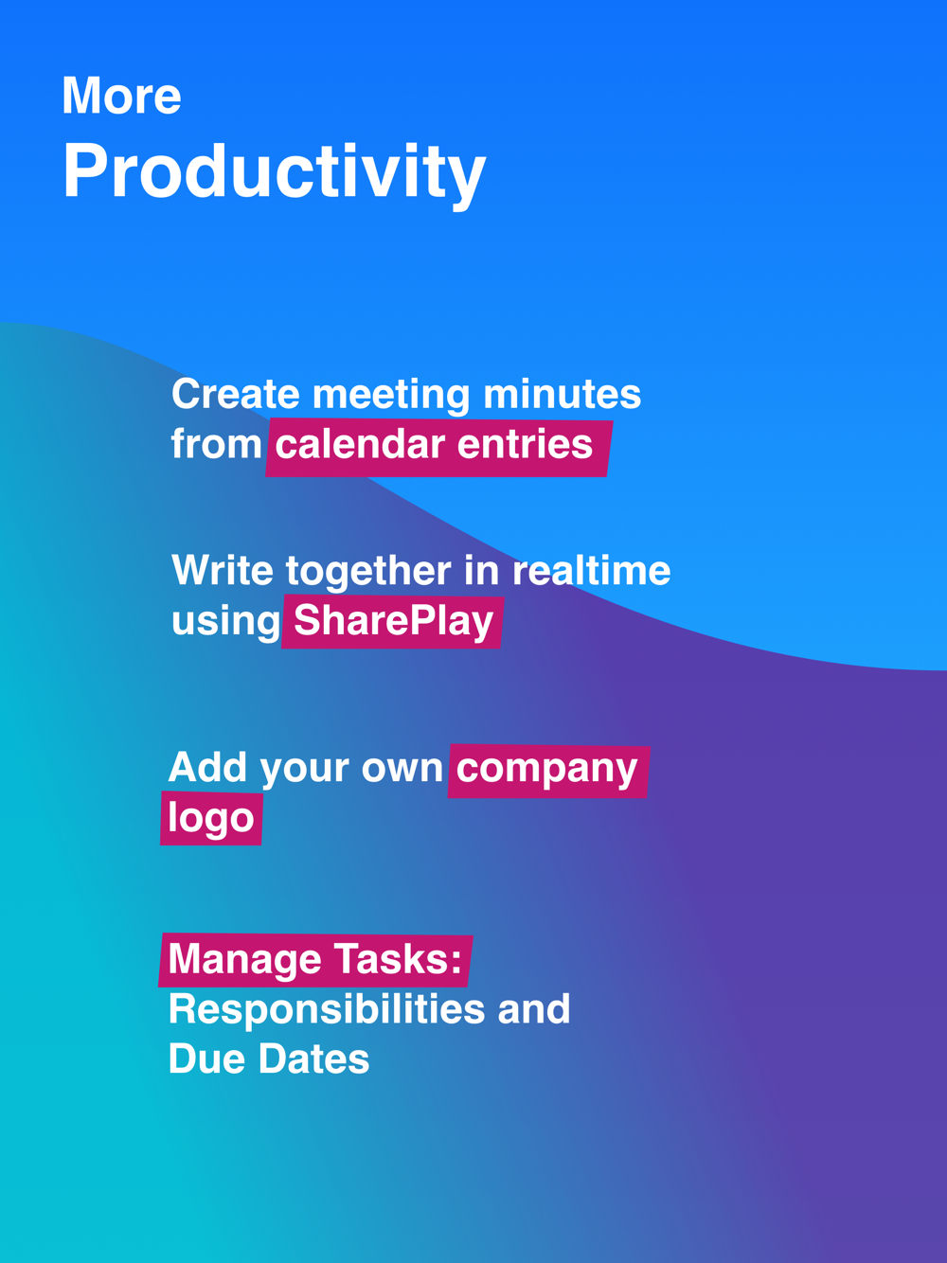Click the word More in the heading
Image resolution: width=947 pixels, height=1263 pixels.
(x=121, y=95)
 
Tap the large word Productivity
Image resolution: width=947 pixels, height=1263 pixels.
(x=274, y=172)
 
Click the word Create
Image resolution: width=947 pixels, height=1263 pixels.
(x=235, y=394)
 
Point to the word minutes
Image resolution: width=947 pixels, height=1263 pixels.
(x=563, y=394)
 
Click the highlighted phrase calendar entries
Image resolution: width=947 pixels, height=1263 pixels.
(x=434, y=444)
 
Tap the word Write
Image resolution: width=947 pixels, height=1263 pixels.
(x=223, y=570)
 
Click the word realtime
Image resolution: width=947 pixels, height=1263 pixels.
(x=592, y=570)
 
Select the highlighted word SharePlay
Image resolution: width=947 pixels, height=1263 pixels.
(x=394, y=622)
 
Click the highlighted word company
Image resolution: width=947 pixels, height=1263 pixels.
(x=546, y=770)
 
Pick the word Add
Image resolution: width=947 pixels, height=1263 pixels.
(x=207, y=767)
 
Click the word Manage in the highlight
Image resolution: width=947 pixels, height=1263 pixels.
(x=245, y=960)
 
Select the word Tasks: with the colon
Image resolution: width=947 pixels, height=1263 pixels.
(x=398, y=959)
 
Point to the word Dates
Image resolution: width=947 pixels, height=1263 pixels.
(x=313, y=1058)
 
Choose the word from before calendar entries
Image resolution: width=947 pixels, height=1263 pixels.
(x=216, y=444)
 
